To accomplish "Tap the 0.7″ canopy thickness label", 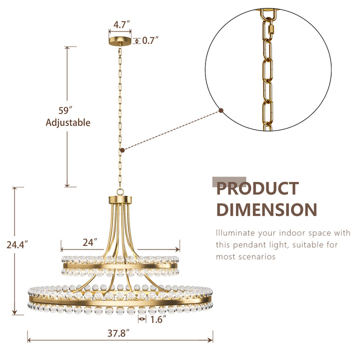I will tap(150, 41).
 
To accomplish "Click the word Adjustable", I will tap(68, 122).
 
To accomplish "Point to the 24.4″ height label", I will tap(17, 245).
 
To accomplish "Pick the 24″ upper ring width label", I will tap(89, 243).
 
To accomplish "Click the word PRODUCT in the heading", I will tap(257, 189).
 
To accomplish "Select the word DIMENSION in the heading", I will tap(266, 209).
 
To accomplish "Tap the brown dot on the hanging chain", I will tap(121, 149).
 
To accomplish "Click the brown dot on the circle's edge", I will tap(221, 110).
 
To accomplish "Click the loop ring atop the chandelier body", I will tap(120, 191).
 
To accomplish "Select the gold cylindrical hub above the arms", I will tap(120, 201).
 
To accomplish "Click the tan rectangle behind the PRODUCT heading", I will tap(229, 181).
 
